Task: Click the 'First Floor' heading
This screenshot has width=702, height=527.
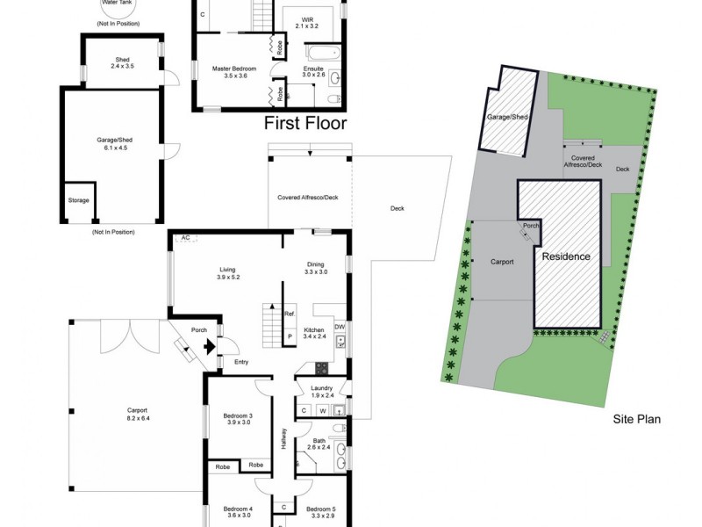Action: pyautogui.click(x=306, y=123)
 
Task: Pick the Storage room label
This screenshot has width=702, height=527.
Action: pyautogui.click(x=79, y=200)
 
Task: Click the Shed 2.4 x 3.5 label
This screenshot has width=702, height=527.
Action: pyautogui.click(x=122, y=61)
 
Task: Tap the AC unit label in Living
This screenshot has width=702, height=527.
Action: pyautogui.click(x=185, y=238)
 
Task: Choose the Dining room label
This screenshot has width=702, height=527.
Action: pyautogui.click(x=316, y=268)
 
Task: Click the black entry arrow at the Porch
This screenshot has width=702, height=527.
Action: pyautogui.click(x=208, y=346)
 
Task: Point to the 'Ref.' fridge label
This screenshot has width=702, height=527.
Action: pyautogui.click(x=290, y=314)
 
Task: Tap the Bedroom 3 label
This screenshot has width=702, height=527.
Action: pyautogui.click(x=237, y=419)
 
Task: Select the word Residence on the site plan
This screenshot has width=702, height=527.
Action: pyautogui.click(x=566, y=257)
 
